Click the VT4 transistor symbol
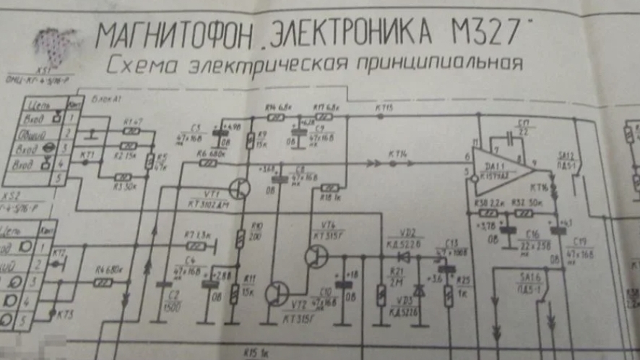[x=313, y=256]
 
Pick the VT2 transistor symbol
[x=274, y=293]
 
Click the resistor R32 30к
[x=525, y=213]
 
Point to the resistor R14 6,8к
[x=274, y=116]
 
